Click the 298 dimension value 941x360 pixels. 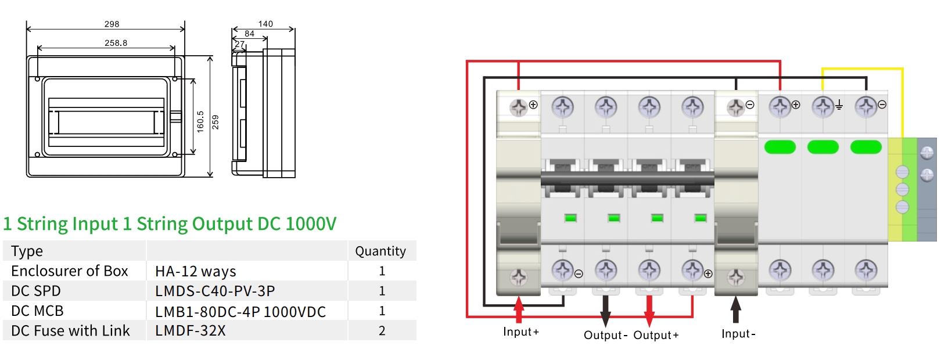click(x=112, y=24)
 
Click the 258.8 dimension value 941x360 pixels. click(x=116, y=43)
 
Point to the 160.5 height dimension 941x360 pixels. click(x=200, y=121)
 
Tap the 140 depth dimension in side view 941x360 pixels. click(x=265, y=24)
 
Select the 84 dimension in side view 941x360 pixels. click(x=249, y=34)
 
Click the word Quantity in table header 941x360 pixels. click(x=380, y=251)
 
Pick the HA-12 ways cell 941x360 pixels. click(x=195, y=271)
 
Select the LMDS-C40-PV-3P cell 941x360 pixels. click(x=215, y=291)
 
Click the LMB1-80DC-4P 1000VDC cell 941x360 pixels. click(x=240, y=311)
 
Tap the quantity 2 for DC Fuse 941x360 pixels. click(x=382, y=331)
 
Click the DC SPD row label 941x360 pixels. click(x=35, y=291)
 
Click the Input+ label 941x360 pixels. click(x=520, y=332)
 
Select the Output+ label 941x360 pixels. click(x=656, y=335)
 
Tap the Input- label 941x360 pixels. click(x=738, y=334)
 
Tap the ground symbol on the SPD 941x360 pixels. click(x=839, y=105)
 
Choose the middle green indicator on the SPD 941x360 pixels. click(x=823, y=147)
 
